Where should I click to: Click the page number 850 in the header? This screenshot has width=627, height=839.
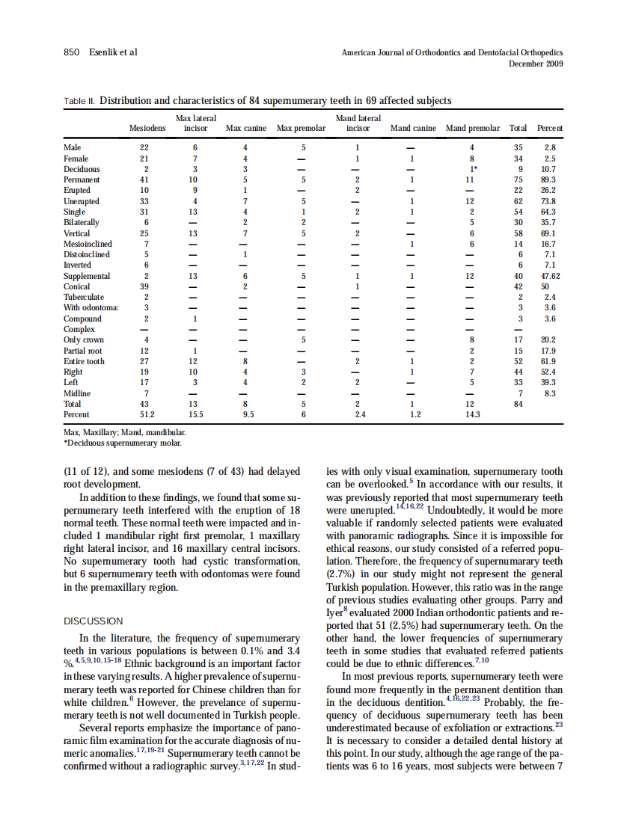click(71, 52)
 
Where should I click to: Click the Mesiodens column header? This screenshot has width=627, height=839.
click(147, 129)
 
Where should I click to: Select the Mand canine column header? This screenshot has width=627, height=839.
click(413, 129)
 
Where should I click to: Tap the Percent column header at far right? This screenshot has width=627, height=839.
click(550, 129)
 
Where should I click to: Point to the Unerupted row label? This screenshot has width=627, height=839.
click(82, 201)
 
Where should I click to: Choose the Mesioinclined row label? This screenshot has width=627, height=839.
click(88, 244)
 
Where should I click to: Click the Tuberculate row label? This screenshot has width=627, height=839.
click(83, 297)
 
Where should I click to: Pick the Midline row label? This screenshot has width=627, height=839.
click(77, 393)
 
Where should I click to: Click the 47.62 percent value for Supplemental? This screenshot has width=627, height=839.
click(550, 276)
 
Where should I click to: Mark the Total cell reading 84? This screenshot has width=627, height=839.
click(517, 404)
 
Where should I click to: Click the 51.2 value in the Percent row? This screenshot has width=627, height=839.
click(147, 414)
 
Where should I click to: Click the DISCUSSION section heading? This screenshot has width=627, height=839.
click(94, 621)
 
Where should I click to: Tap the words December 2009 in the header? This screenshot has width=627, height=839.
click(536, 64)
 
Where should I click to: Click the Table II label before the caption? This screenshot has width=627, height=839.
click(79, 100)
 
